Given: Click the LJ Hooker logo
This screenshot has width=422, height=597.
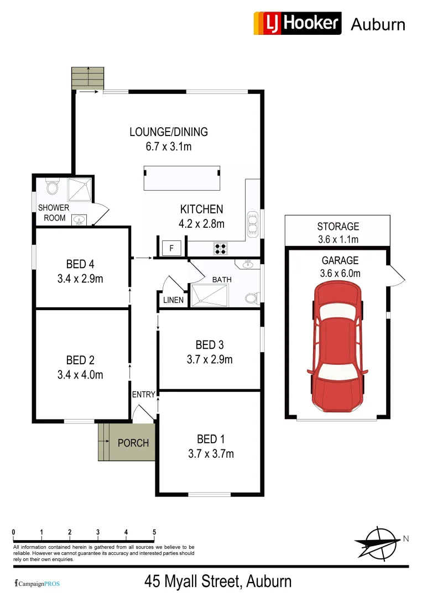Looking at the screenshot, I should (297, 23).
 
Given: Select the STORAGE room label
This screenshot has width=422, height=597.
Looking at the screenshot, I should (338, 226).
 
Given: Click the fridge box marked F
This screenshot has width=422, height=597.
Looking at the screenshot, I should (171, 249).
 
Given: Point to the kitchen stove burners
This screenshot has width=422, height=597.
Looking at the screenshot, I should (220, 249).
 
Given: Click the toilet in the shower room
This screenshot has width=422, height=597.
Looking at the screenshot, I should (53, 188).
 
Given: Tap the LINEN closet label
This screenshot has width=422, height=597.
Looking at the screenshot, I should (174, 300).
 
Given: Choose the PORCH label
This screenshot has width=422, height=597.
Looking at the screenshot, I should (133, 443).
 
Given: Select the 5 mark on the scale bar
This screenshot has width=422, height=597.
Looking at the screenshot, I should (154, 532).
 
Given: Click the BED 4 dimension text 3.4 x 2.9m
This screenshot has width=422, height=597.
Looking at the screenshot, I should (80, 279).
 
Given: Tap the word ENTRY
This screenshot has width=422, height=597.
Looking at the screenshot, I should (144, 394).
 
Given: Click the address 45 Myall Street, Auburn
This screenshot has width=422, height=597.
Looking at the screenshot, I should (218, 582).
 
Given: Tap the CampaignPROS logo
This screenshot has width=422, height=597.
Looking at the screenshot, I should (37, 583).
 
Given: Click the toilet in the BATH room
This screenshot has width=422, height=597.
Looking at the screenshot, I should (252, 299).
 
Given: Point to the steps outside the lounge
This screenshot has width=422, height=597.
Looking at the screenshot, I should (88, 78).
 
